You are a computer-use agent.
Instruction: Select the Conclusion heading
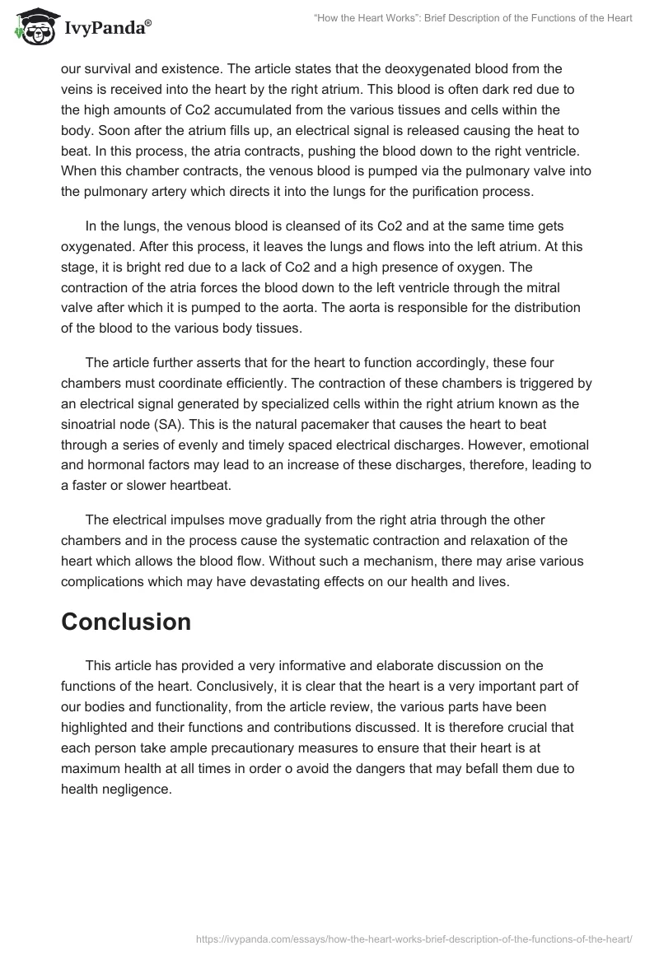pyautogui.click(x=126, y=622)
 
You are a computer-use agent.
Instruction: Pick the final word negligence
pyautogui.click(x=135, y=789)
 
